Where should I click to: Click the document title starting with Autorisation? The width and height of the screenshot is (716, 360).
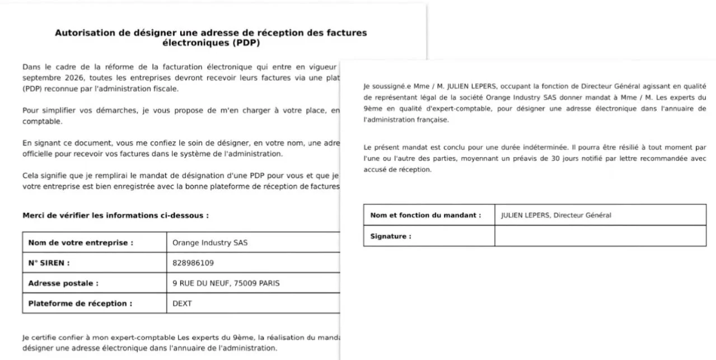coord(210,37)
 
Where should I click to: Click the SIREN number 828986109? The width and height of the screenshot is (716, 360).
coord(193,263)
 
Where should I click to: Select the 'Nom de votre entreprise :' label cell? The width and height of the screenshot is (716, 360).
coord(81,243)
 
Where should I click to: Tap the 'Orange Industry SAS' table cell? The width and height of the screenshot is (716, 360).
coord(210,243)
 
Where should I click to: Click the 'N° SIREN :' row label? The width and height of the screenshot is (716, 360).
coord(49,263)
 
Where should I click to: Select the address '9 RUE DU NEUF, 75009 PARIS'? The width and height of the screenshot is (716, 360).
coord(226,283)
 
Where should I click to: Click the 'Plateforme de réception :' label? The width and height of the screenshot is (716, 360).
coord(80,303)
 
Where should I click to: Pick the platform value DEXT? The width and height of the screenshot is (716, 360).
coord(182,303)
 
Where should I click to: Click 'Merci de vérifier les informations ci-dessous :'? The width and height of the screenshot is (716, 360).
coord(116,215)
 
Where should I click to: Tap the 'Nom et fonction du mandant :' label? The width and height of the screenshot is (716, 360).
coord(425,215)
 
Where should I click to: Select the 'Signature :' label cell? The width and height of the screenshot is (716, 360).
coord(391,236)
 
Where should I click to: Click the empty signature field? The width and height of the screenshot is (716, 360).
coord(599,236)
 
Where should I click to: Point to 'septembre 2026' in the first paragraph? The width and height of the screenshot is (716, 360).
coord(49,78)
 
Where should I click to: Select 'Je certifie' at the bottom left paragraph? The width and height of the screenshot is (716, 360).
coord(39,338)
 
